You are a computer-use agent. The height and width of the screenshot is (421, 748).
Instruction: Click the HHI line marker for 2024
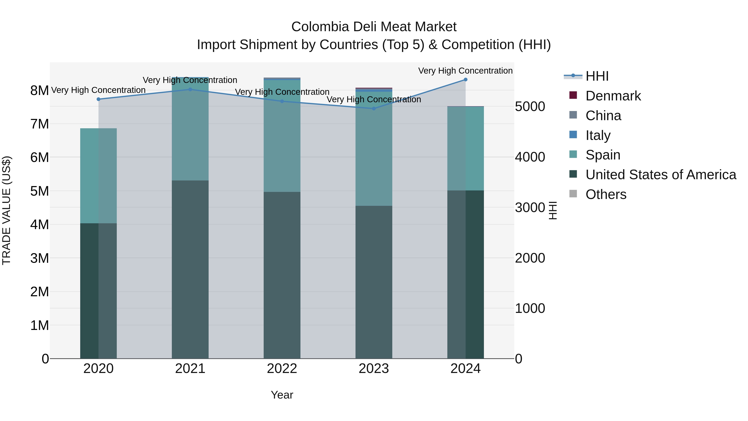[465, 80]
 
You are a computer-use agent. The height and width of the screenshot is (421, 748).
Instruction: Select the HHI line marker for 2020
[98, 99]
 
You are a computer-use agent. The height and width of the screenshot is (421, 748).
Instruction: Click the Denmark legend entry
[613, 96]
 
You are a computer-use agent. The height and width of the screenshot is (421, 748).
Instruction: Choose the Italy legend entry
[598, 135]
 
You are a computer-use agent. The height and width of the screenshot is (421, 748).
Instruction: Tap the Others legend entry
[605, 194]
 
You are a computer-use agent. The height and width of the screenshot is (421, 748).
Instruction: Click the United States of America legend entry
[661, 175]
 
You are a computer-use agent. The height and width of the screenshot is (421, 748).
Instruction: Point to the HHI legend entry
[597, 76]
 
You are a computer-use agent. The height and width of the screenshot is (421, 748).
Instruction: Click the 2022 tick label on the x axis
[282, 369]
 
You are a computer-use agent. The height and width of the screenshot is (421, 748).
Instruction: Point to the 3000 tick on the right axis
[530, 207]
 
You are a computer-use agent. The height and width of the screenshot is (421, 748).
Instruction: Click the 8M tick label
[40, 91]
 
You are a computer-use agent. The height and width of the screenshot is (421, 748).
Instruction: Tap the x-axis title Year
[282, 395]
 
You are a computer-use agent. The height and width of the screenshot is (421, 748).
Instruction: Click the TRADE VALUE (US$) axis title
[6, 210]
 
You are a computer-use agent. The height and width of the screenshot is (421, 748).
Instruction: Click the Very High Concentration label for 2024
[465, 71]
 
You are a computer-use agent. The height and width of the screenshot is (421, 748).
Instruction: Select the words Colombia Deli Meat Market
[374, 27]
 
